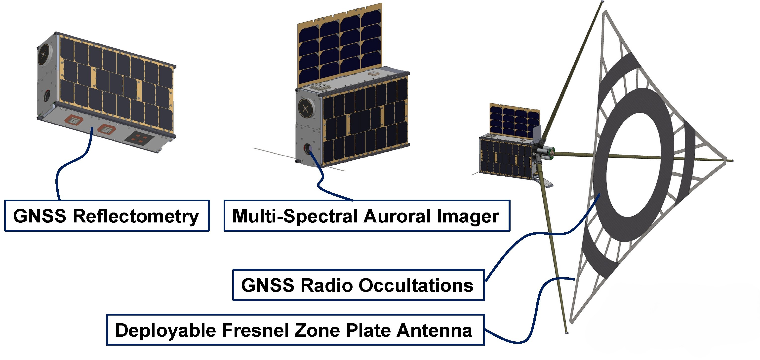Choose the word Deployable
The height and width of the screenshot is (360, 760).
tap(165, 330)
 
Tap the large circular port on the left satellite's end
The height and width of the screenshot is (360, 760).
tap(44, 54)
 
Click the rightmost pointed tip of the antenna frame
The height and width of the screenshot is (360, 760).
tap(733, 161)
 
